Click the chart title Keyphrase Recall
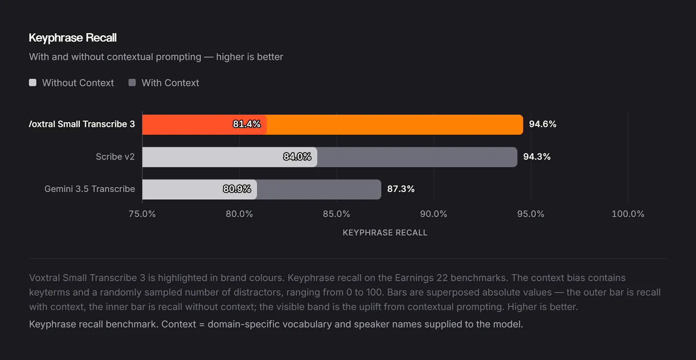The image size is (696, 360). (x=73, y=38)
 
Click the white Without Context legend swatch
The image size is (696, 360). (x=33, y=83)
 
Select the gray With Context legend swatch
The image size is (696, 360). (x=132, y=83)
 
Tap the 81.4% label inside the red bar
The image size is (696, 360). (x=247, y=124)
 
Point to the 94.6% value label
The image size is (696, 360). (x=542, y=124)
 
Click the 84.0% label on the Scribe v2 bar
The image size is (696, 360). (x=297, y=157)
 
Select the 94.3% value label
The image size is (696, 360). (x=537, y=157)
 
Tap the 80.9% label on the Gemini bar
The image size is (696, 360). (x=237, y=189)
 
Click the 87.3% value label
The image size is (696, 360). (x=401, y=189)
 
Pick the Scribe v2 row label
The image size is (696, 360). (x=115, y=157)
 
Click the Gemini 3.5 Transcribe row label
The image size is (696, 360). (x=90, y=189)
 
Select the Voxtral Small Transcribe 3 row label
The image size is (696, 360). (x=82, y=124)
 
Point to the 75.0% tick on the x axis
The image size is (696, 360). (x=142, y=214)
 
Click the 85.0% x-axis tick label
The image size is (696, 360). (x=337, y=214)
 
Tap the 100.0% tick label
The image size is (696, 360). (x=628, y=214)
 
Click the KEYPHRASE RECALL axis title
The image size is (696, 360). (x=385, y=233)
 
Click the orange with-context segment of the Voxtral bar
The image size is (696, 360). (x=395, y=124)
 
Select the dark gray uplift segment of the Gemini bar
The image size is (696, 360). (x=319, y=189)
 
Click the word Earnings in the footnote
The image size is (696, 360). (x=414, y=278)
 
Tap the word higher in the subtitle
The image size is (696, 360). (x=229, y=57)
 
